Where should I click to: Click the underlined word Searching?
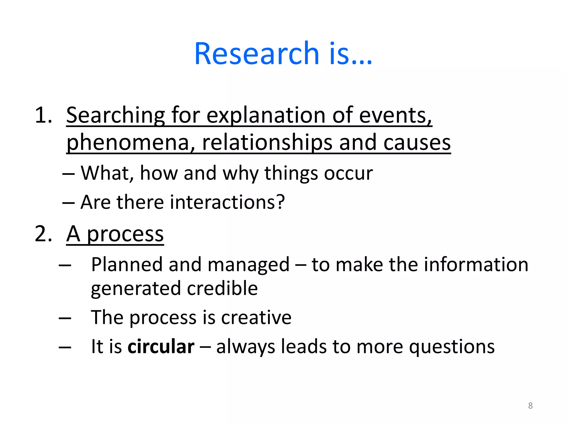click(x=115, y=116)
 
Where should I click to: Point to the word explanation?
click(x=266, y=116)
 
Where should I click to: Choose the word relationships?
click(x=267, y=143)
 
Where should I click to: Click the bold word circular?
click(x=161, y=346)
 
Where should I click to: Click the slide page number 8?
click(x=530, y=406)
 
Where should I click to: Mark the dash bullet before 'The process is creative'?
click(x=65, y=318)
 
